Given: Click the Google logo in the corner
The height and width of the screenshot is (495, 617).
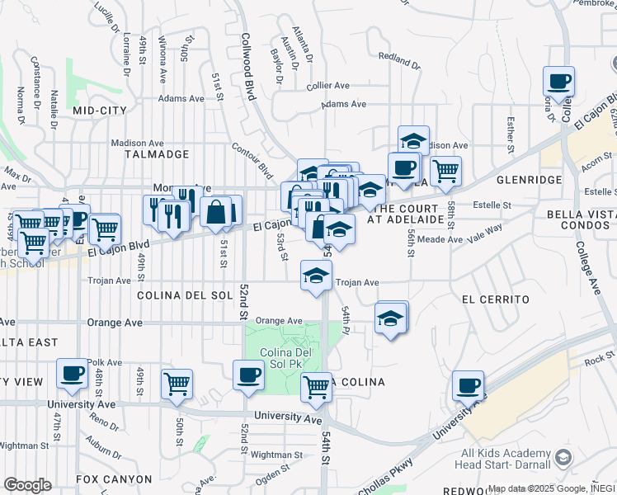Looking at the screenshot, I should pyautogui.click(x=27, y=485).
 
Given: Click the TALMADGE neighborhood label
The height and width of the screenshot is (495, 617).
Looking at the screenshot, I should pyautogui.click(x=157, y=154).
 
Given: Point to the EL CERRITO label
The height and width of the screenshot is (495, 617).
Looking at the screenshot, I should pyautogui.click(x=495, y=299).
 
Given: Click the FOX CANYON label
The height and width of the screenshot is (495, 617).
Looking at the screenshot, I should pyautogui.click(x=114, y=478).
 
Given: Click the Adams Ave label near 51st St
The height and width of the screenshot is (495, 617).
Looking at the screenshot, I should pyautogui.click(x=181, y=98).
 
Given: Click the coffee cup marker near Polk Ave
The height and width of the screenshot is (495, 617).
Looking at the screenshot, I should pyautogui.click(x=72, y=374).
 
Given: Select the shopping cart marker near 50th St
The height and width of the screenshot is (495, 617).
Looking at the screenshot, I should pyautogui.click(x=177, y=384).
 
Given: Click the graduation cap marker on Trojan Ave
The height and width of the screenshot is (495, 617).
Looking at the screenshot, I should pyautogui.click(x=315, y=276).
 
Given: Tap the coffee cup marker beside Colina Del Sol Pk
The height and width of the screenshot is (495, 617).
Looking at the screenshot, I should pyautogui.click(x=248, y=375).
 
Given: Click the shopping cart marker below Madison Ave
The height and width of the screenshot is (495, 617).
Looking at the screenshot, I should pyautogui.click(x=445, y=171).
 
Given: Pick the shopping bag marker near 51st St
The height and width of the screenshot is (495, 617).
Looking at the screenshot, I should pyautogui.click(x=215, y=210).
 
